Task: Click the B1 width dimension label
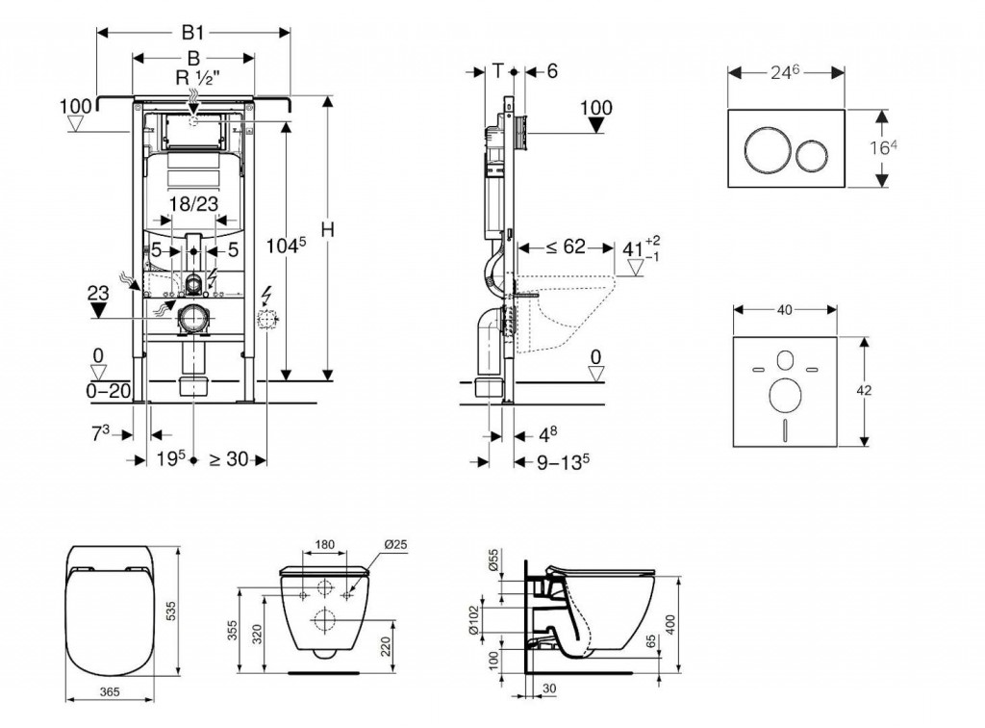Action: click(193, 31)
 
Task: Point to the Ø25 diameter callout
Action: click(395, 545)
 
